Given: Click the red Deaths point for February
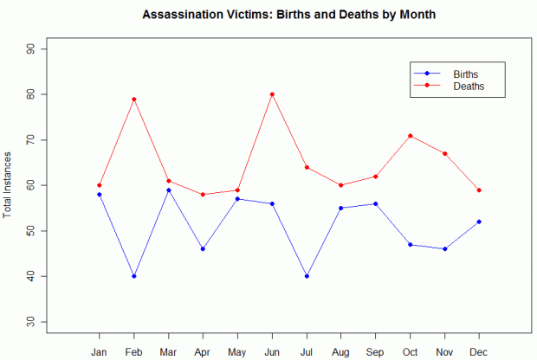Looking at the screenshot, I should click(x=133, y=99).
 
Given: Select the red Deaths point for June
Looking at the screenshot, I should click(x=272, y=94).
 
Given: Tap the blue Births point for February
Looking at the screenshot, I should click(x=133, y=276).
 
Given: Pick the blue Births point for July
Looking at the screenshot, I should click(x=307, y=276).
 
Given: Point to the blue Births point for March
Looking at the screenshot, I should click(x=168, y=190).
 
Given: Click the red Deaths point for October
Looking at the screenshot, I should click(x=410, y=135).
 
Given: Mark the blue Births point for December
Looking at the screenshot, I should click(x=479, y=222).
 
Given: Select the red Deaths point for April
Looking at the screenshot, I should click(x=203, y=195).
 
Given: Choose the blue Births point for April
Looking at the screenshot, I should click(x=203, y=249).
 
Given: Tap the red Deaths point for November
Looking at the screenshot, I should click(x=444, y=153).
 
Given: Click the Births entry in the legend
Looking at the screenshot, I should click(x=465, y=74).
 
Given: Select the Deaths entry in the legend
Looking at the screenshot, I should click(x=468, y=87).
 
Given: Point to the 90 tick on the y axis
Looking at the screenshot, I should click(x=41, y=48).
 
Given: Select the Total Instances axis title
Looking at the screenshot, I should click(x=9, y=185).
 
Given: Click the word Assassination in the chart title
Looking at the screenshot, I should click(x=183, y=15).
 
